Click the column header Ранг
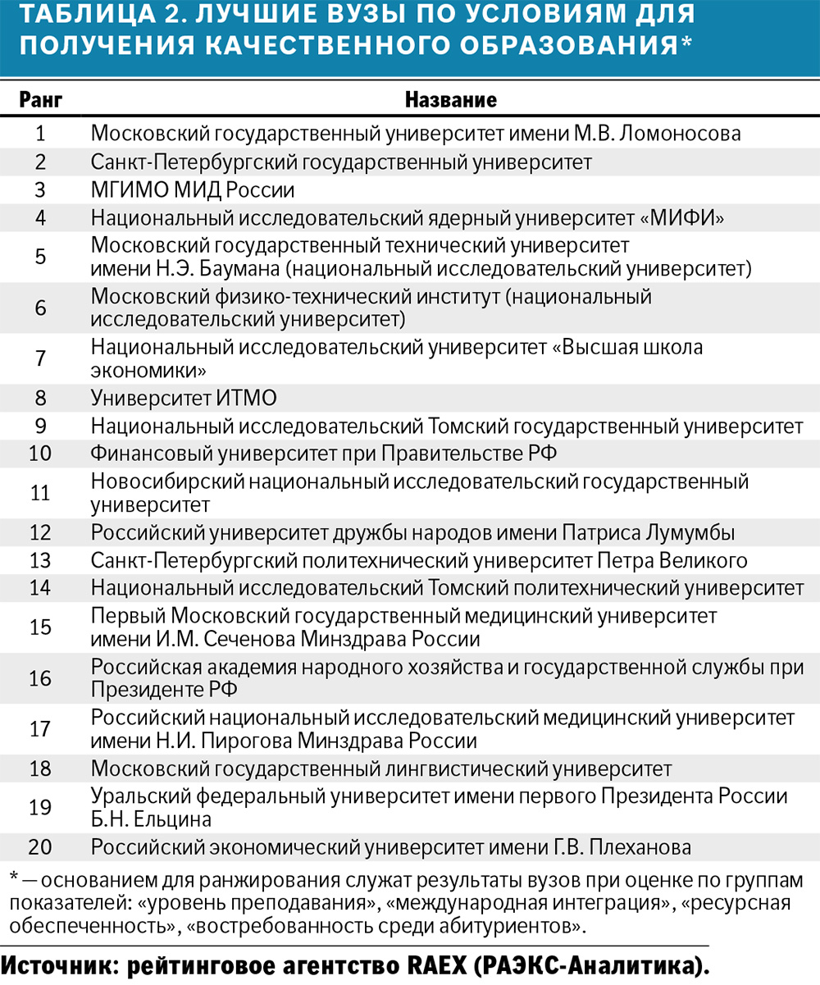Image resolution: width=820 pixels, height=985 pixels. [x=40, y=101]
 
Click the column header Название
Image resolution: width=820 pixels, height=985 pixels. [x=450, y=101]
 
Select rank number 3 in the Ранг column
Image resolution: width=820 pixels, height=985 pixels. [x=40, y=190]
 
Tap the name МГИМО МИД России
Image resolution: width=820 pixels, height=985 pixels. [x=192, y=190]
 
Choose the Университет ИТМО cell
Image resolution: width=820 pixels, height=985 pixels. [x=184, y=399]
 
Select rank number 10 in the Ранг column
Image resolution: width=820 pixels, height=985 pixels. [x=40, y=454]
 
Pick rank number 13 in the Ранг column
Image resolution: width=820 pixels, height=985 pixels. [x=40, y=561]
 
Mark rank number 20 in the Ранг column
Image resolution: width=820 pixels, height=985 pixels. [x=40, y=846]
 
